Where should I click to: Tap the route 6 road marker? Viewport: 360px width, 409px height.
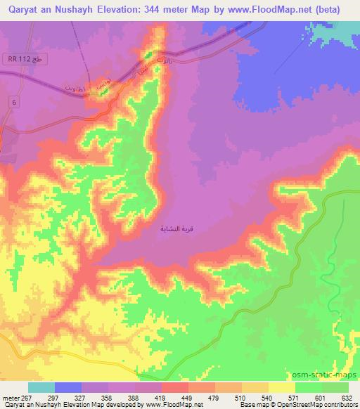pos(13,103)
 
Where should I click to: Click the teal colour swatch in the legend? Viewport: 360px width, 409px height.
pos(41,387)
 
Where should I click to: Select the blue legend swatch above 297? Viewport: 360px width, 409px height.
pos(67,387)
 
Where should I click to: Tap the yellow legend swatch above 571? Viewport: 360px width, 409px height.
pos(281,387)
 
